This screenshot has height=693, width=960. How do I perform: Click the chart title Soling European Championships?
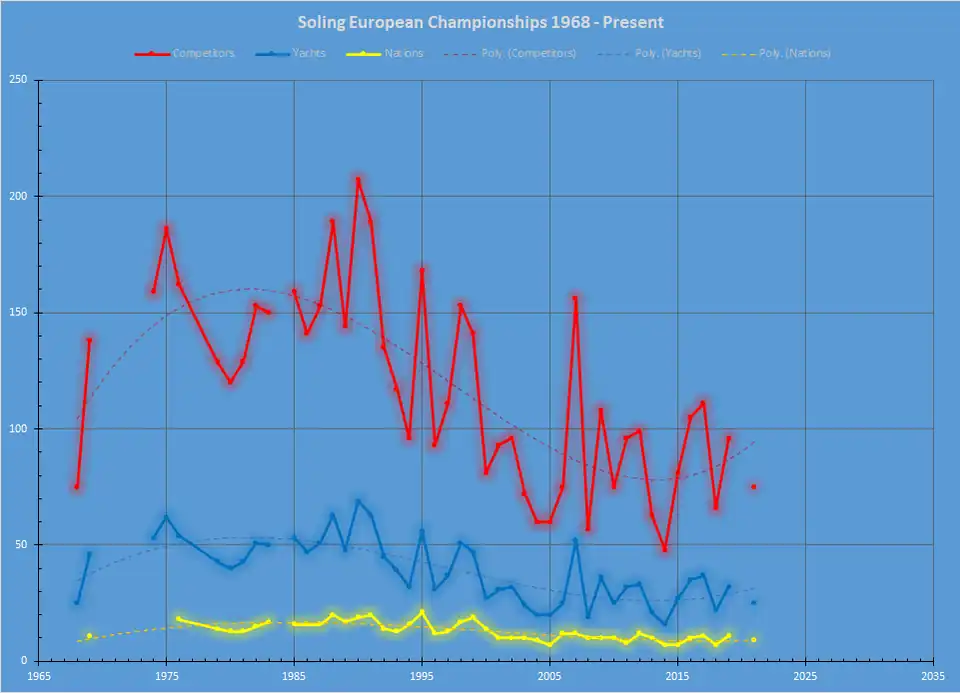click(480, 21)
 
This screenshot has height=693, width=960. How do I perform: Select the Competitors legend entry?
click(203, 53)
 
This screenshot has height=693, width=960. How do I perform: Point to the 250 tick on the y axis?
click(19, 81)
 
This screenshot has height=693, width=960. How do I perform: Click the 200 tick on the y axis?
click(19, 197)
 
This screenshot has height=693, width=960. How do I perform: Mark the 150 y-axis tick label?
click(19, 313)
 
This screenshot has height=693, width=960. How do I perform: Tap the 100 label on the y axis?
click(19, 429)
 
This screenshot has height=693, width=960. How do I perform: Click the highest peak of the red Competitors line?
click(358, 180)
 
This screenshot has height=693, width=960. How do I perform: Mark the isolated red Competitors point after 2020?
click(754, 487)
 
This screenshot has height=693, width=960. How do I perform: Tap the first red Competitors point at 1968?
click(76, 487)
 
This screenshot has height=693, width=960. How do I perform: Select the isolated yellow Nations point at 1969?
click(89, 636)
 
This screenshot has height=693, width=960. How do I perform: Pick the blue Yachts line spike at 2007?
click(575, 540)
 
